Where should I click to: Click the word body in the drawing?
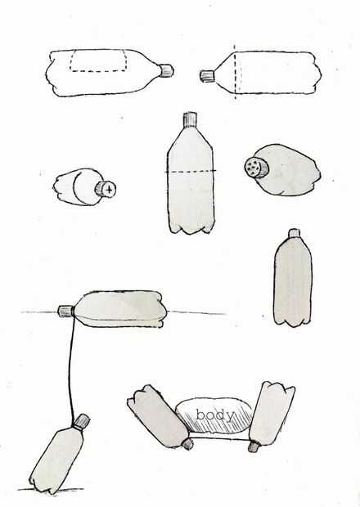pos(214,415)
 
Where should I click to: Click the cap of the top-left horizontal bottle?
pos(167,71)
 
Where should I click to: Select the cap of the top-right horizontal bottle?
pos(207,76)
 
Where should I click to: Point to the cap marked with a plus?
pos(106,189)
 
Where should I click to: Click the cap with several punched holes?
pos(256,167)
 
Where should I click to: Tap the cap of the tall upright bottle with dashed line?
pos(190,119)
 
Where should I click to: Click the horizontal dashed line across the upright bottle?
pos(191,171)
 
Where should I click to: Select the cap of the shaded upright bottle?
pos(294,233)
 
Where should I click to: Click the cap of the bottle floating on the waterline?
pos(66,311)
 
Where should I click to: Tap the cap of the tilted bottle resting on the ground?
pos(81,422)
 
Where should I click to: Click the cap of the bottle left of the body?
pos(187,444)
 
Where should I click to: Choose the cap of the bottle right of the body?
pos(254,446)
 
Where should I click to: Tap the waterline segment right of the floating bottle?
pos(196,312)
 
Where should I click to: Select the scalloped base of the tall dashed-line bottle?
pos(191,229)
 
